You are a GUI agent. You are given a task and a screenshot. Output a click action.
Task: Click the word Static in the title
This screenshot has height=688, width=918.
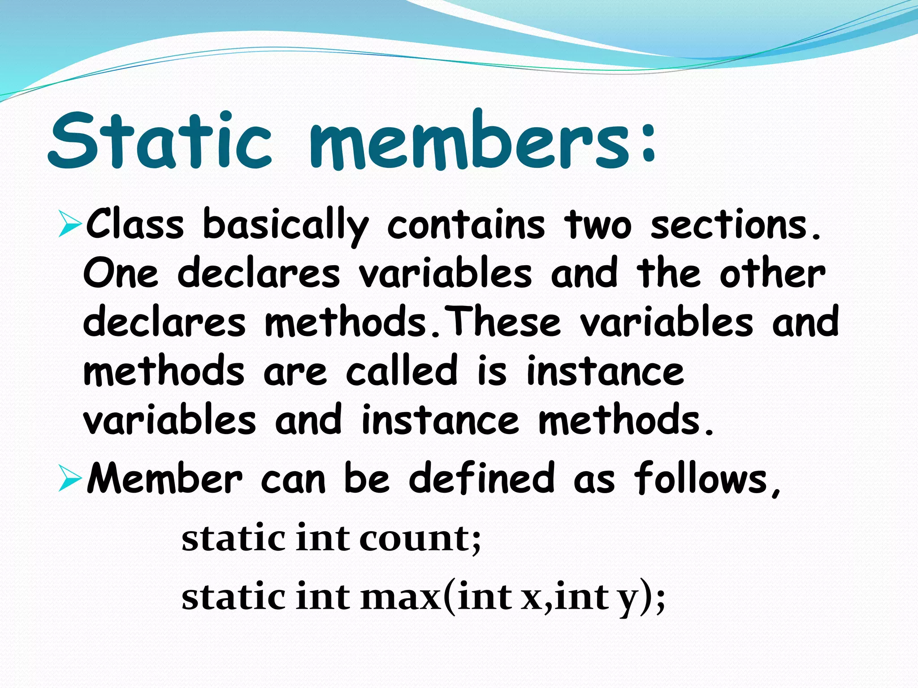pyautogui.click(x=160, y=141)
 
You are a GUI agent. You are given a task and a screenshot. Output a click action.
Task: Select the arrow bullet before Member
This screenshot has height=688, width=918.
pyautogui.click(x=69, y=480)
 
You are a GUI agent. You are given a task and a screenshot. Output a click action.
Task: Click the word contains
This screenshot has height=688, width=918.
pyautogui.click(x=466, y=224)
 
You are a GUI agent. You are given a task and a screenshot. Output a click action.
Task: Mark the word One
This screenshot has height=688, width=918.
pyautogui.click(x=121, y=273)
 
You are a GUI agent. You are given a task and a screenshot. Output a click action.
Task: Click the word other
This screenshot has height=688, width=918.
pyautogui.click(x=772, y=273)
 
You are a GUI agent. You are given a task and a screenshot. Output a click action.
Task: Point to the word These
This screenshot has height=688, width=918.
pyautogui.click(x=505, y=322)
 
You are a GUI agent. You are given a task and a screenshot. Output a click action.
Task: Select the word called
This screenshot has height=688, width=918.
pyautogui.click(x=402, y=371)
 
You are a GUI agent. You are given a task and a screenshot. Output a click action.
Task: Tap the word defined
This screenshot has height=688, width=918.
pyautogui.click(x=481, y=478)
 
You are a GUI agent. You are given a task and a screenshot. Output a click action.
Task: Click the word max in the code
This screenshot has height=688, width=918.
pyautogui.click(x=400, y=598)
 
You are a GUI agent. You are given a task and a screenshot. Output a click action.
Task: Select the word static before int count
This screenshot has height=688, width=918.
pyautogui.click(x=233, y=538)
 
